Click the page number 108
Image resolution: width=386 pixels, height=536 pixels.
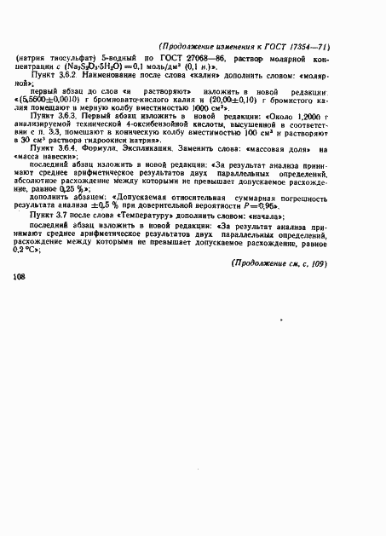(x=22, y=302)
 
